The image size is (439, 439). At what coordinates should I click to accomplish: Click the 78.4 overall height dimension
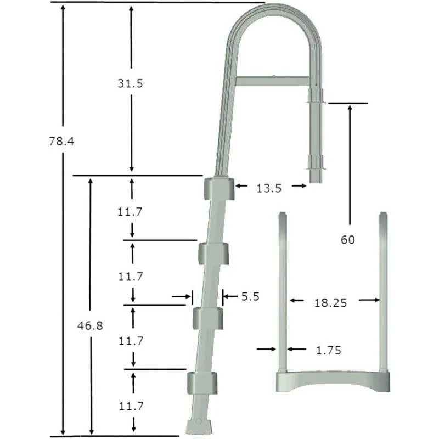[61, 141]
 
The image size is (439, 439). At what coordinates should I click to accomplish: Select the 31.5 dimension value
[131, 83]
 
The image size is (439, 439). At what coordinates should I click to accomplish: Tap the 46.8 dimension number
[90, 325]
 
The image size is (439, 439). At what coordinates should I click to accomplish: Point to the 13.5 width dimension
[269, 188]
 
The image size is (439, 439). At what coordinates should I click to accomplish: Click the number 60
[348, 239]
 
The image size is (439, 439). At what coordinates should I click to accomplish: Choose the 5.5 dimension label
[250, 297]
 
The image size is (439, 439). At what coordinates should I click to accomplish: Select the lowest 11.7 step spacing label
[131, 406]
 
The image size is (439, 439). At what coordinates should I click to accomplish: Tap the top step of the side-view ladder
[218, 189]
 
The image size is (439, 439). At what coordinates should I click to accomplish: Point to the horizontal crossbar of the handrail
[272, 80]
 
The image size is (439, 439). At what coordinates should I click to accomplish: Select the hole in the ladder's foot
[199, 423]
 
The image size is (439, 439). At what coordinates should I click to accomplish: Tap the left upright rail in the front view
[283, 291]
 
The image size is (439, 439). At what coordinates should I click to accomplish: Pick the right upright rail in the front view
[384, 291]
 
